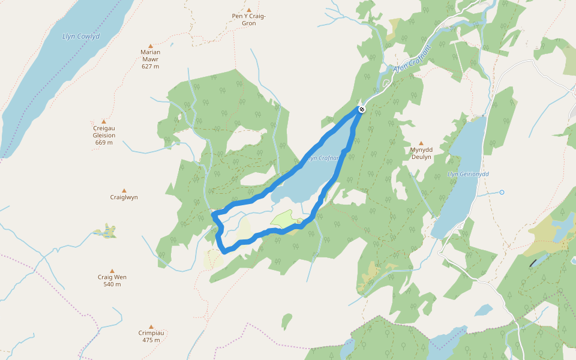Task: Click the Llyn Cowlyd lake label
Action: tap(81, 37)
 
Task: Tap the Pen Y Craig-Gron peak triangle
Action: tap(248, 10)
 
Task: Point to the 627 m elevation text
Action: tap(150, 66)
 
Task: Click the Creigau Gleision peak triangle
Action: tap(104, 121)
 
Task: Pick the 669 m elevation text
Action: tap(104, 142)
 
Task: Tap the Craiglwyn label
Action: tap(124, 197)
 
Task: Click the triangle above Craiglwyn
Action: tap(124, 191)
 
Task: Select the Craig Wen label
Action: tap(112, 277)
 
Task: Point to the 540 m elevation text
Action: tap(112, 284)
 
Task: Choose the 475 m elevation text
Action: tap(151, 340)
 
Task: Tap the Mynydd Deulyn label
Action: tap(421, 153)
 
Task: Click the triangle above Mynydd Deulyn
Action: tap(421, 143)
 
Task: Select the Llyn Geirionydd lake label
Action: tap(469, 174)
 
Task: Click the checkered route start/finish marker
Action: tap(362, 109)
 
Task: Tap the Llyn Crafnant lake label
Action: tap(324, 158)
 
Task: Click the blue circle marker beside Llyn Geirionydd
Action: tap(502, 193)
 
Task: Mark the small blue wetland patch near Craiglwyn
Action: tap(107, 231)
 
